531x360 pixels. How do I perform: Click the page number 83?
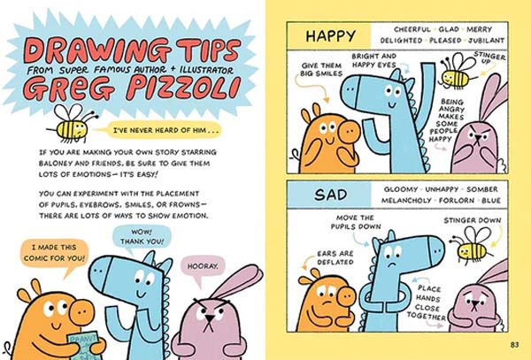[x=514, y=345]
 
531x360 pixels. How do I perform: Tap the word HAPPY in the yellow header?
[x=330, y=36]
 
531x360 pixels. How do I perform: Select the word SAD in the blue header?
[x=330, y=195]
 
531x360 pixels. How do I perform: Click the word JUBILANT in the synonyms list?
[x=486, y=41]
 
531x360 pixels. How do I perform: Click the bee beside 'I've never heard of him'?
[x=73, y=124]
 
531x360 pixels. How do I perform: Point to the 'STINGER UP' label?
[x=489, y=57]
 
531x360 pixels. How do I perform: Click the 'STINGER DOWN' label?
[x=473, y=220]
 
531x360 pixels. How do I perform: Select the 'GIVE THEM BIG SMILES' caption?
[x=321, y=69]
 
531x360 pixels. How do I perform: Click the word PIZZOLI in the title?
[x=183, y=88]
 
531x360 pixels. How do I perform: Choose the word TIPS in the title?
[x=208, y=50]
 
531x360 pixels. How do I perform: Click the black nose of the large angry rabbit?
[x=210, y=318]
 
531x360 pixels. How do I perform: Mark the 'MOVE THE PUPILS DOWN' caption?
[x=356, y=222]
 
